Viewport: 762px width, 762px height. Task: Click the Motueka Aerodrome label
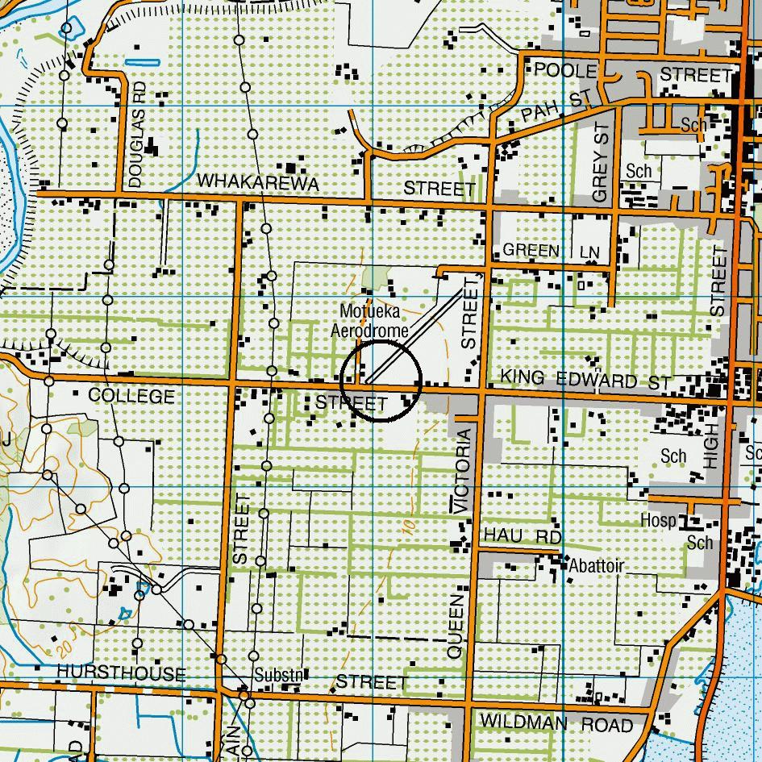373,320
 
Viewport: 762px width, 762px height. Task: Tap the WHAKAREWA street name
257,183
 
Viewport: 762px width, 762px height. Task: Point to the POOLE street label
565,71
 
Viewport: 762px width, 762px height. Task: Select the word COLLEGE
131,396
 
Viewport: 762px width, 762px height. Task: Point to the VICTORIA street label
462,471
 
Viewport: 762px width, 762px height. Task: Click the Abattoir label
596,565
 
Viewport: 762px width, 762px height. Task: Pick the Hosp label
658,520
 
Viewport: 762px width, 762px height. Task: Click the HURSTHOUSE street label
122,673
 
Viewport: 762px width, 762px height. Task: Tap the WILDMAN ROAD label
556,723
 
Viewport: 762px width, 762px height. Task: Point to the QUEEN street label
456,627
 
